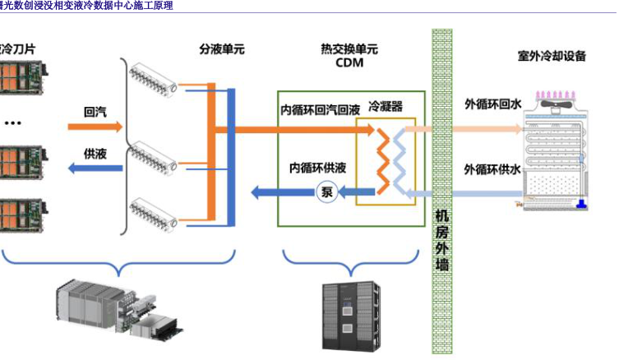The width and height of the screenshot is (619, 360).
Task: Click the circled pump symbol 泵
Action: [x=326, y=194]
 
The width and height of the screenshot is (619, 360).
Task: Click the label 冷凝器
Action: [x=386, y=108]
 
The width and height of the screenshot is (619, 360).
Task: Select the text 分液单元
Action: [x=222, y=49]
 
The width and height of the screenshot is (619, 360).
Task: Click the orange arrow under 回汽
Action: [x=95, y=127]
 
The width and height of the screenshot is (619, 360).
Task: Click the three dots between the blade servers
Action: [x=12, y=122]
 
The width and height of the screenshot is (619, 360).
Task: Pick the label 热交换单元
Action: [x=349, y=49]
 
